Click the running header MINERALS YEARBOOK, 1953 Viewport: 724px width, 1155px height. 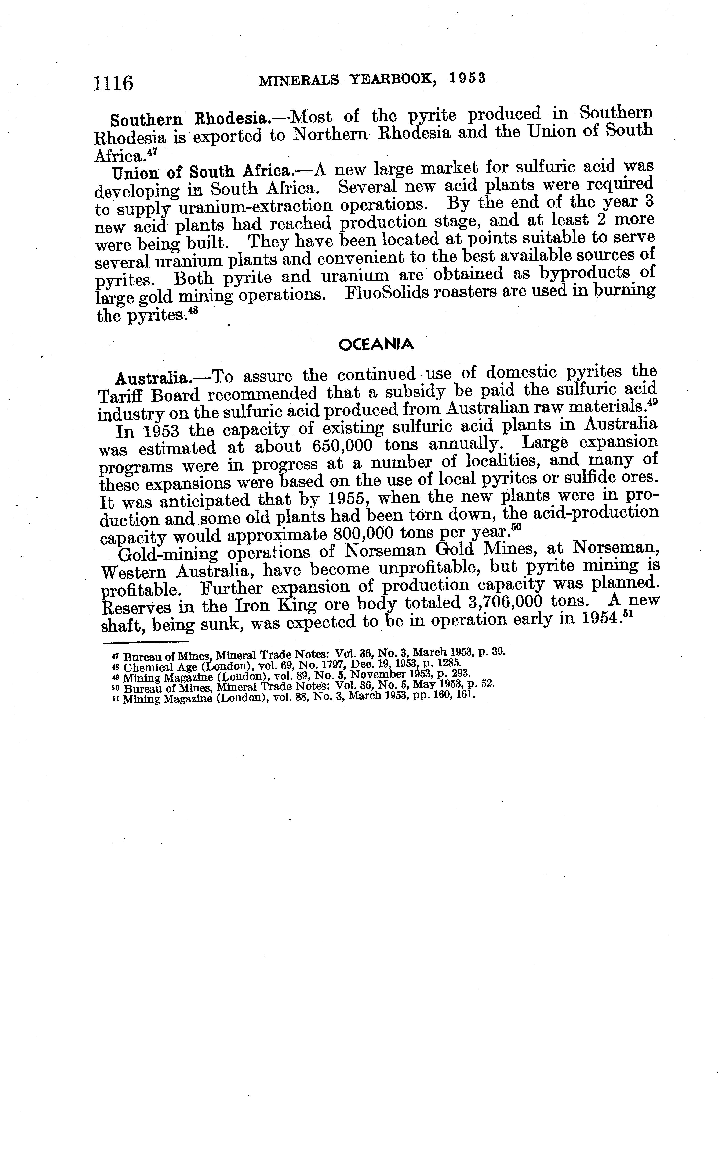(372, 79)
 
